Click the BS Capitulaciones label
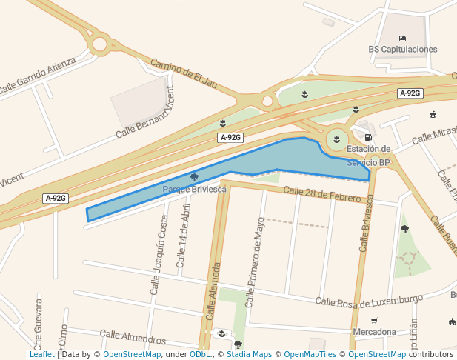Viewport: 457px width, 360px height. [x=402, y=50]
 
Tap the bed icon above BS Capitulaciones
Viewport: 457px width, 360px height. [x=402, y=38]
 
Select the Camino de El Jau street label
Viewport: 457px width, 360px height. [x=184, y=73]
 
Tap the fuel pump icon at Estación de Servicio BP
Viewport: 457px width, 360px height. [x=368, y=137]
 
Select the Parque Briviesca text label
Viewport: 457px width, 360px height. [x=194, y=190]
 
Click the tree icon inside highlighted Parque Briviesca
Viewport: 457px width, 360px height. [x=194, y=177]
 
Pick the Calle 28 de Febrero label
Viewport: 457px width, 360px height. [x=321, y=194]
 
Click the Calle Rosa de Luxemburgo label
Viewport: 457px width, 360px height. [x=368, y=300]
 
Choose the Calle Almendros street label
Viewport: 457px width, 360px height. [x=133, y=338]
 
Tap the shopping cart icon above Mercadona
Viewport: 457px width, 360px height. [x=374, y=321]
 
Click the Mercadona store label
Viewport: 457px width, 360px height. [x=374, y=332]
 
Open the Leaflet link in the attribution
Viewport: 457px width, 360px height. [x=41, y=355]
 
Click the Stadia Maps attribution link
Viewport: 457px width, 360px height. [x=248, y=355]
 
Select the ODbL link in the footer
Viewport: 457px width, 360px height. [x=199, y=355]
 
